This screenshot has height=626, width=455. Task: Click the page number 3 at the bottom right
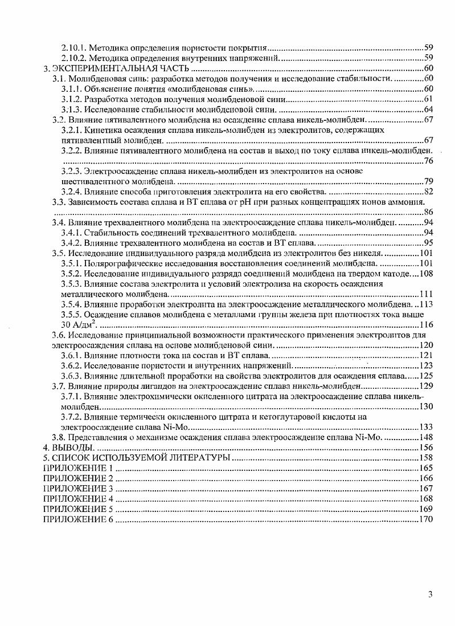point(431,595)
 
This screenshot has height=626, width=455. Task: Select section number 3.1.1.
point(71,89)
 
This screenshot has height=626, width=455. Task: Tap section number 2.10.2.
point(72,58)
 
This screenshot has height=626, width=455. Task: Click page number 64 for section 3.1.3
point(428,109)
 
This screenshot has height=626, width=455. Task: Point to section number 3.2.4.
point(71,192)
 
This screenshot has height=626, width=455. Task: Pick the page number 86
point(428,212)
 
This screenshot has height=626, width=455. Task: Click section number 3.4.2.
point(71,243)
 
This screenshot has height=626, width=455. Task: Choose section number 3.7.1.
point(71,396)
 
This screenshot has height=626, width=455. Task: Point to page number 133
point(426,427)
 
